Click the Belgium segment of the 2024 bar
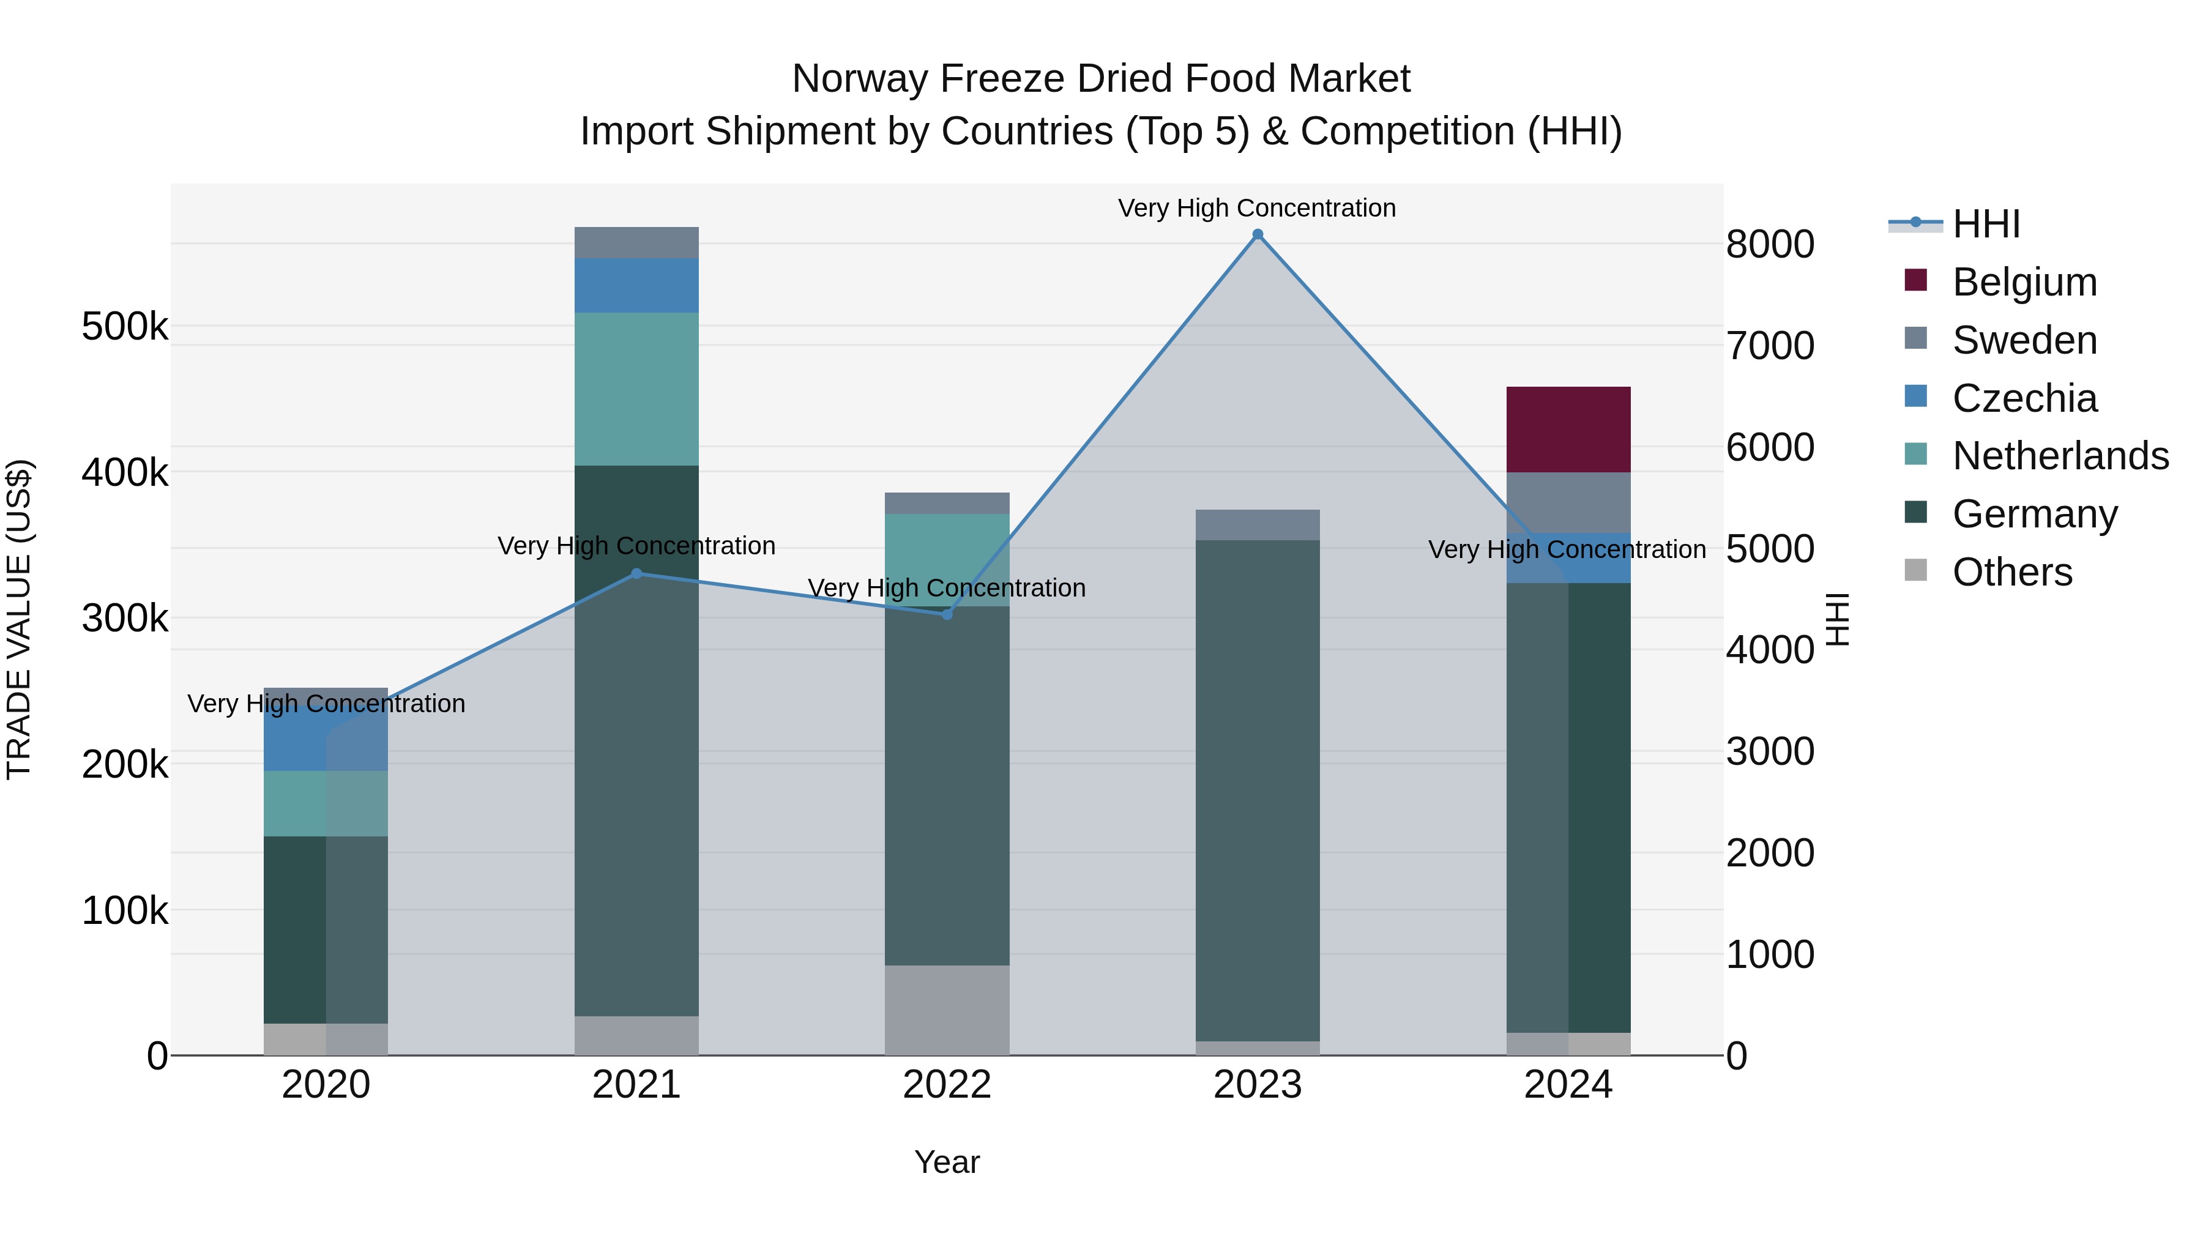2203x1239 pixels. click(1568, 430)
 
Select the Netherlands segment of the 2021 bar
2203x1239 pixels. click(636, 389)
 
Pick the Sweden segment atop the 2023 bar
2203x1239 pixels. click(1257, 524)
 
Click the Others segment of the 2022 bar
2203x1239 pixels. click(947, 1010)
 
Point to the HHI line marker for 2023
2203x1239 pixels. click(1257, 234)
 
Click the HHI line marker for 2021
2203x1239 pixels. click(636, 574)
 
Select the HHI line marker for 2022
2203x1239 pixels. click(947, 614)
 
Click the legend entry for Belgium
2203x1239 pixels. click(2024, 282)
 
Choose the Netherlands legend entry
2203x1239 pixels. click(2059, 456)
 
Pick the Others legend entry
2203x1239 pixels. click(2011, 572)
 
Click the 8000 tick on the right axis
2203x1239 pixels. click(1769, 245)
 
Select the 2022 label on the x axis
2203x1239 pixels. click(947, 1085)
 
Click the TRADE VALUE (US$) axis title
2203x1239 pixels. click(19, 619)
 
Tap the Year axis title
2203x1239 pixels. click(947, 1162)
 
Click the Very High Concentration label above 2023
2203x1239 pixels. click(1256, 208)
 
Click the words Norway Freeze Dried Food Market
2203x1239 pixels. click(1101, 79)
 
